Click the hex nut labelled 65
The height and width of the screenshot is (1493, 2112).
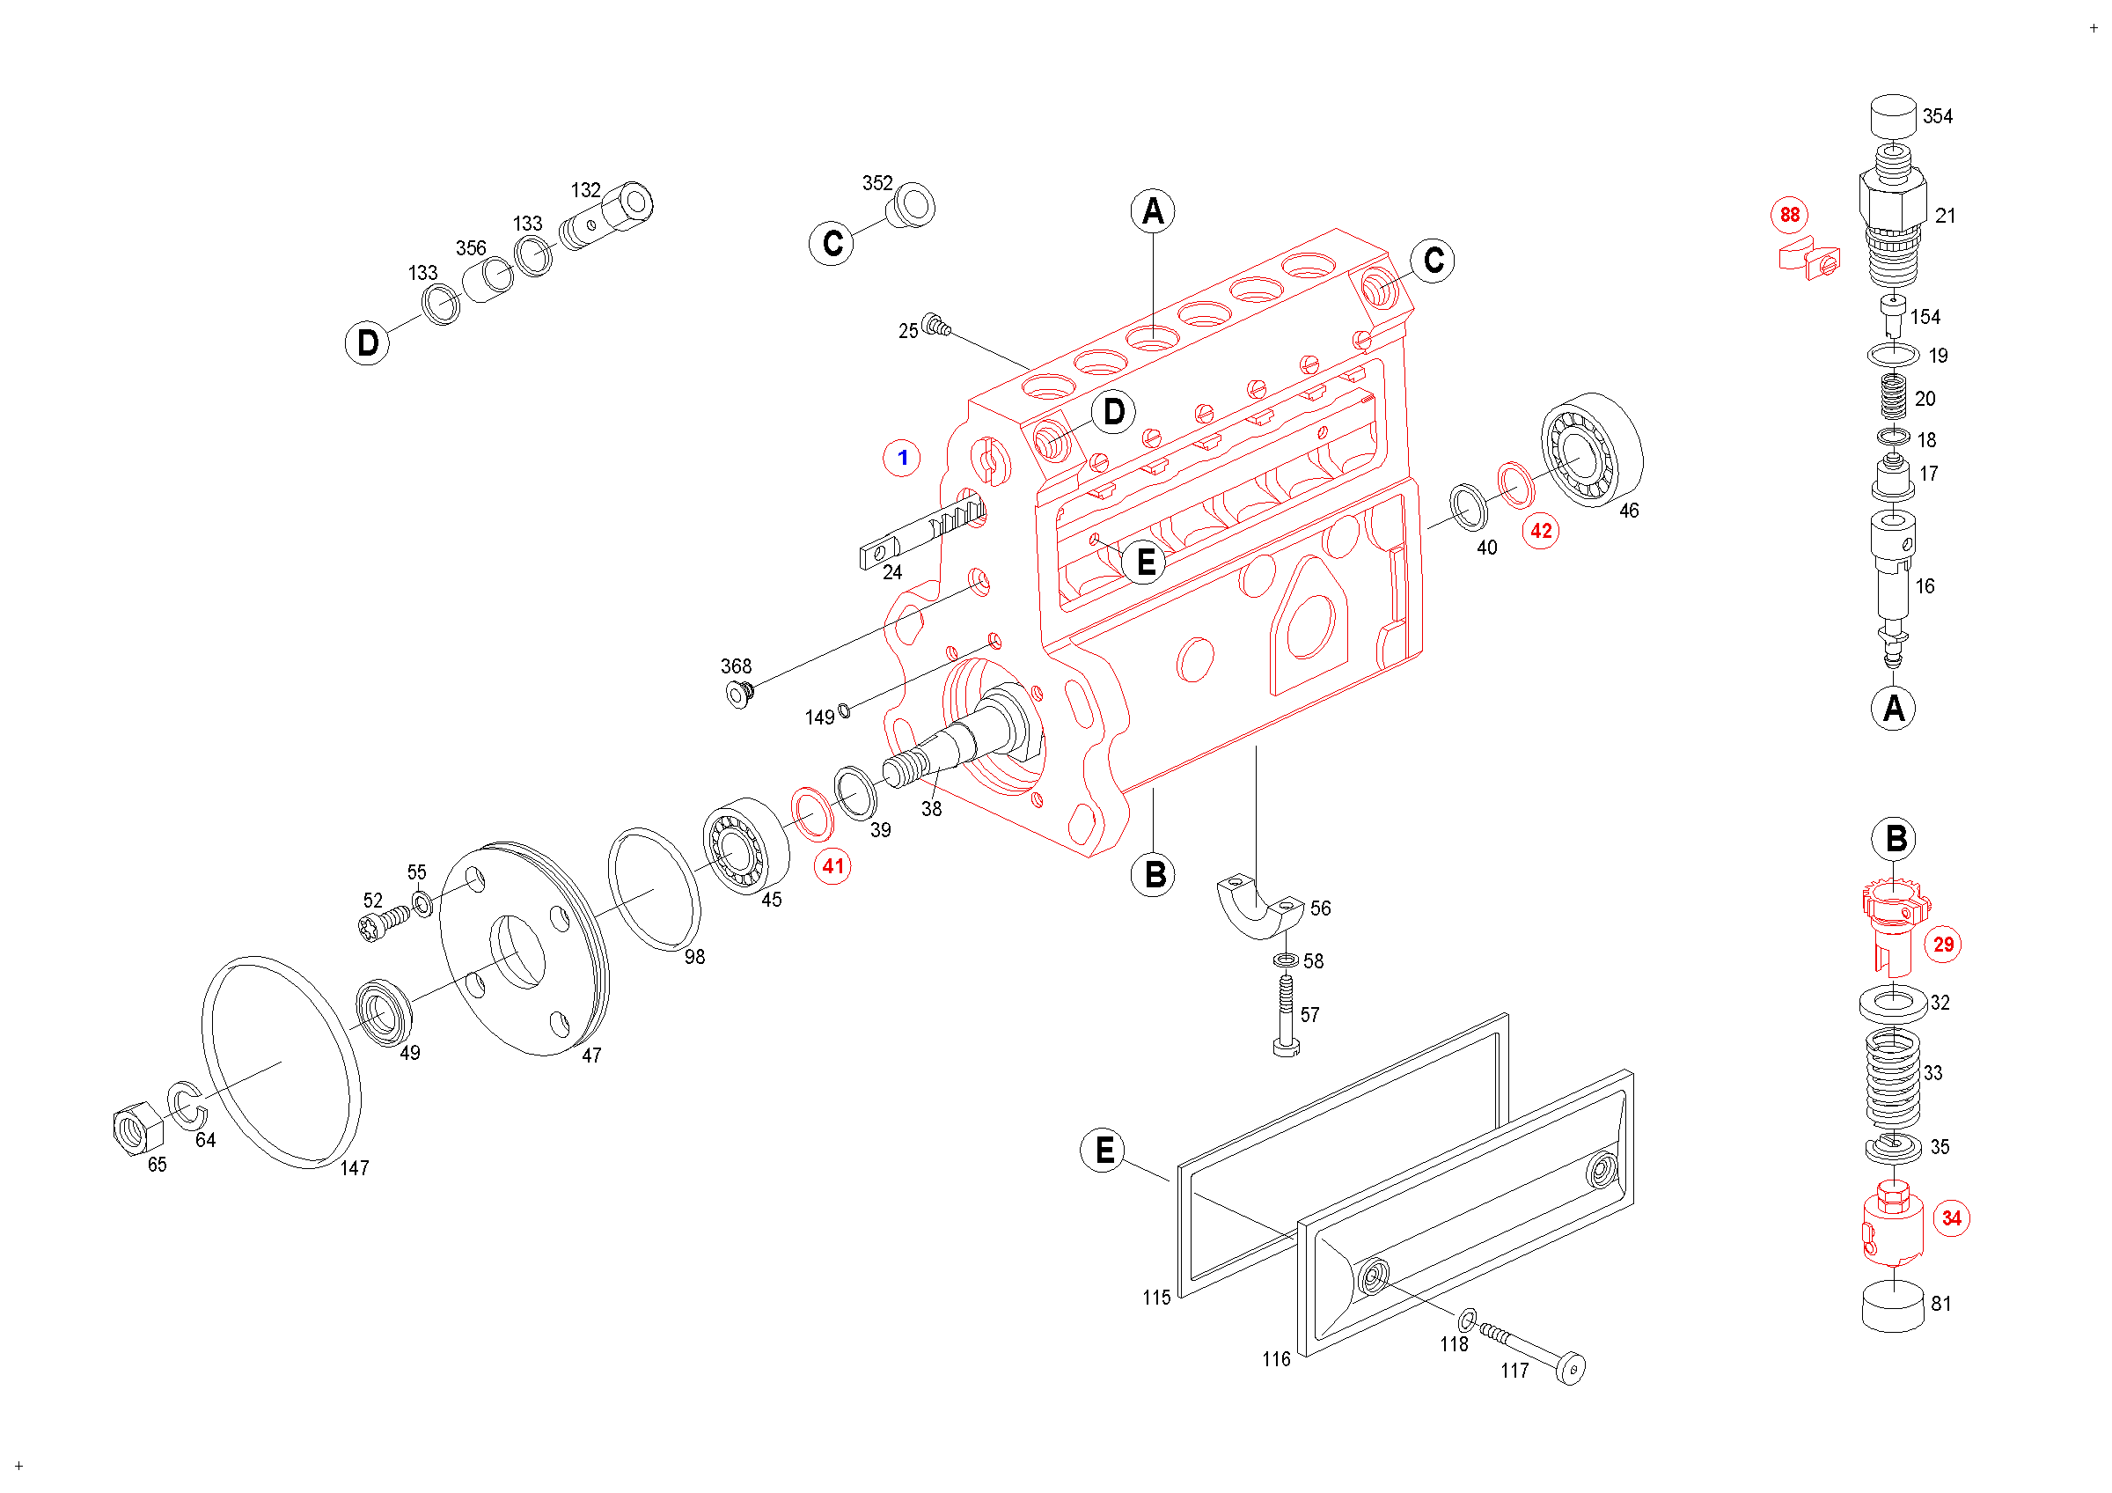point(136,1128)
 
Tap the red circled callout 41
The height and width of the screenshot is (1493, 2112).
point(832,866)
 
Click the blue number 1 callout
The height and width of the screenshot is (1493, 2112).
point(902,457)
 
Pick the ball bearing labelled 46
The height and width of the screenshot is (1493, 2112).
point(1591,450)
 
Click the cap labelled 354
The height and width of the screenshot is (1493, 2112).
point(1894,116)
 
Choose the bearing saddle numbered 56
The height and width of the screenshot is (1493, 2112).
point(1259,907)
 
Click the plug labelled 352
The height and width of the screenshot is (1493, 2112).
point(911,205)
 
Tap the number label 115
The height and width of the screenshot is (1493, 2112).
point(1156,1298)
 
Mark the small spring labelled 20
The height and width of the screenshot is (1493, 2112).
point(1892,396)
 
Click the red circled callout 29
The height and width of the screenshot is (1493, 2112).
point(1944,945)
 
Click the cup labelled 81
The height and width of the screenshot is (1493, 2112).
point(1892,1305)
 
